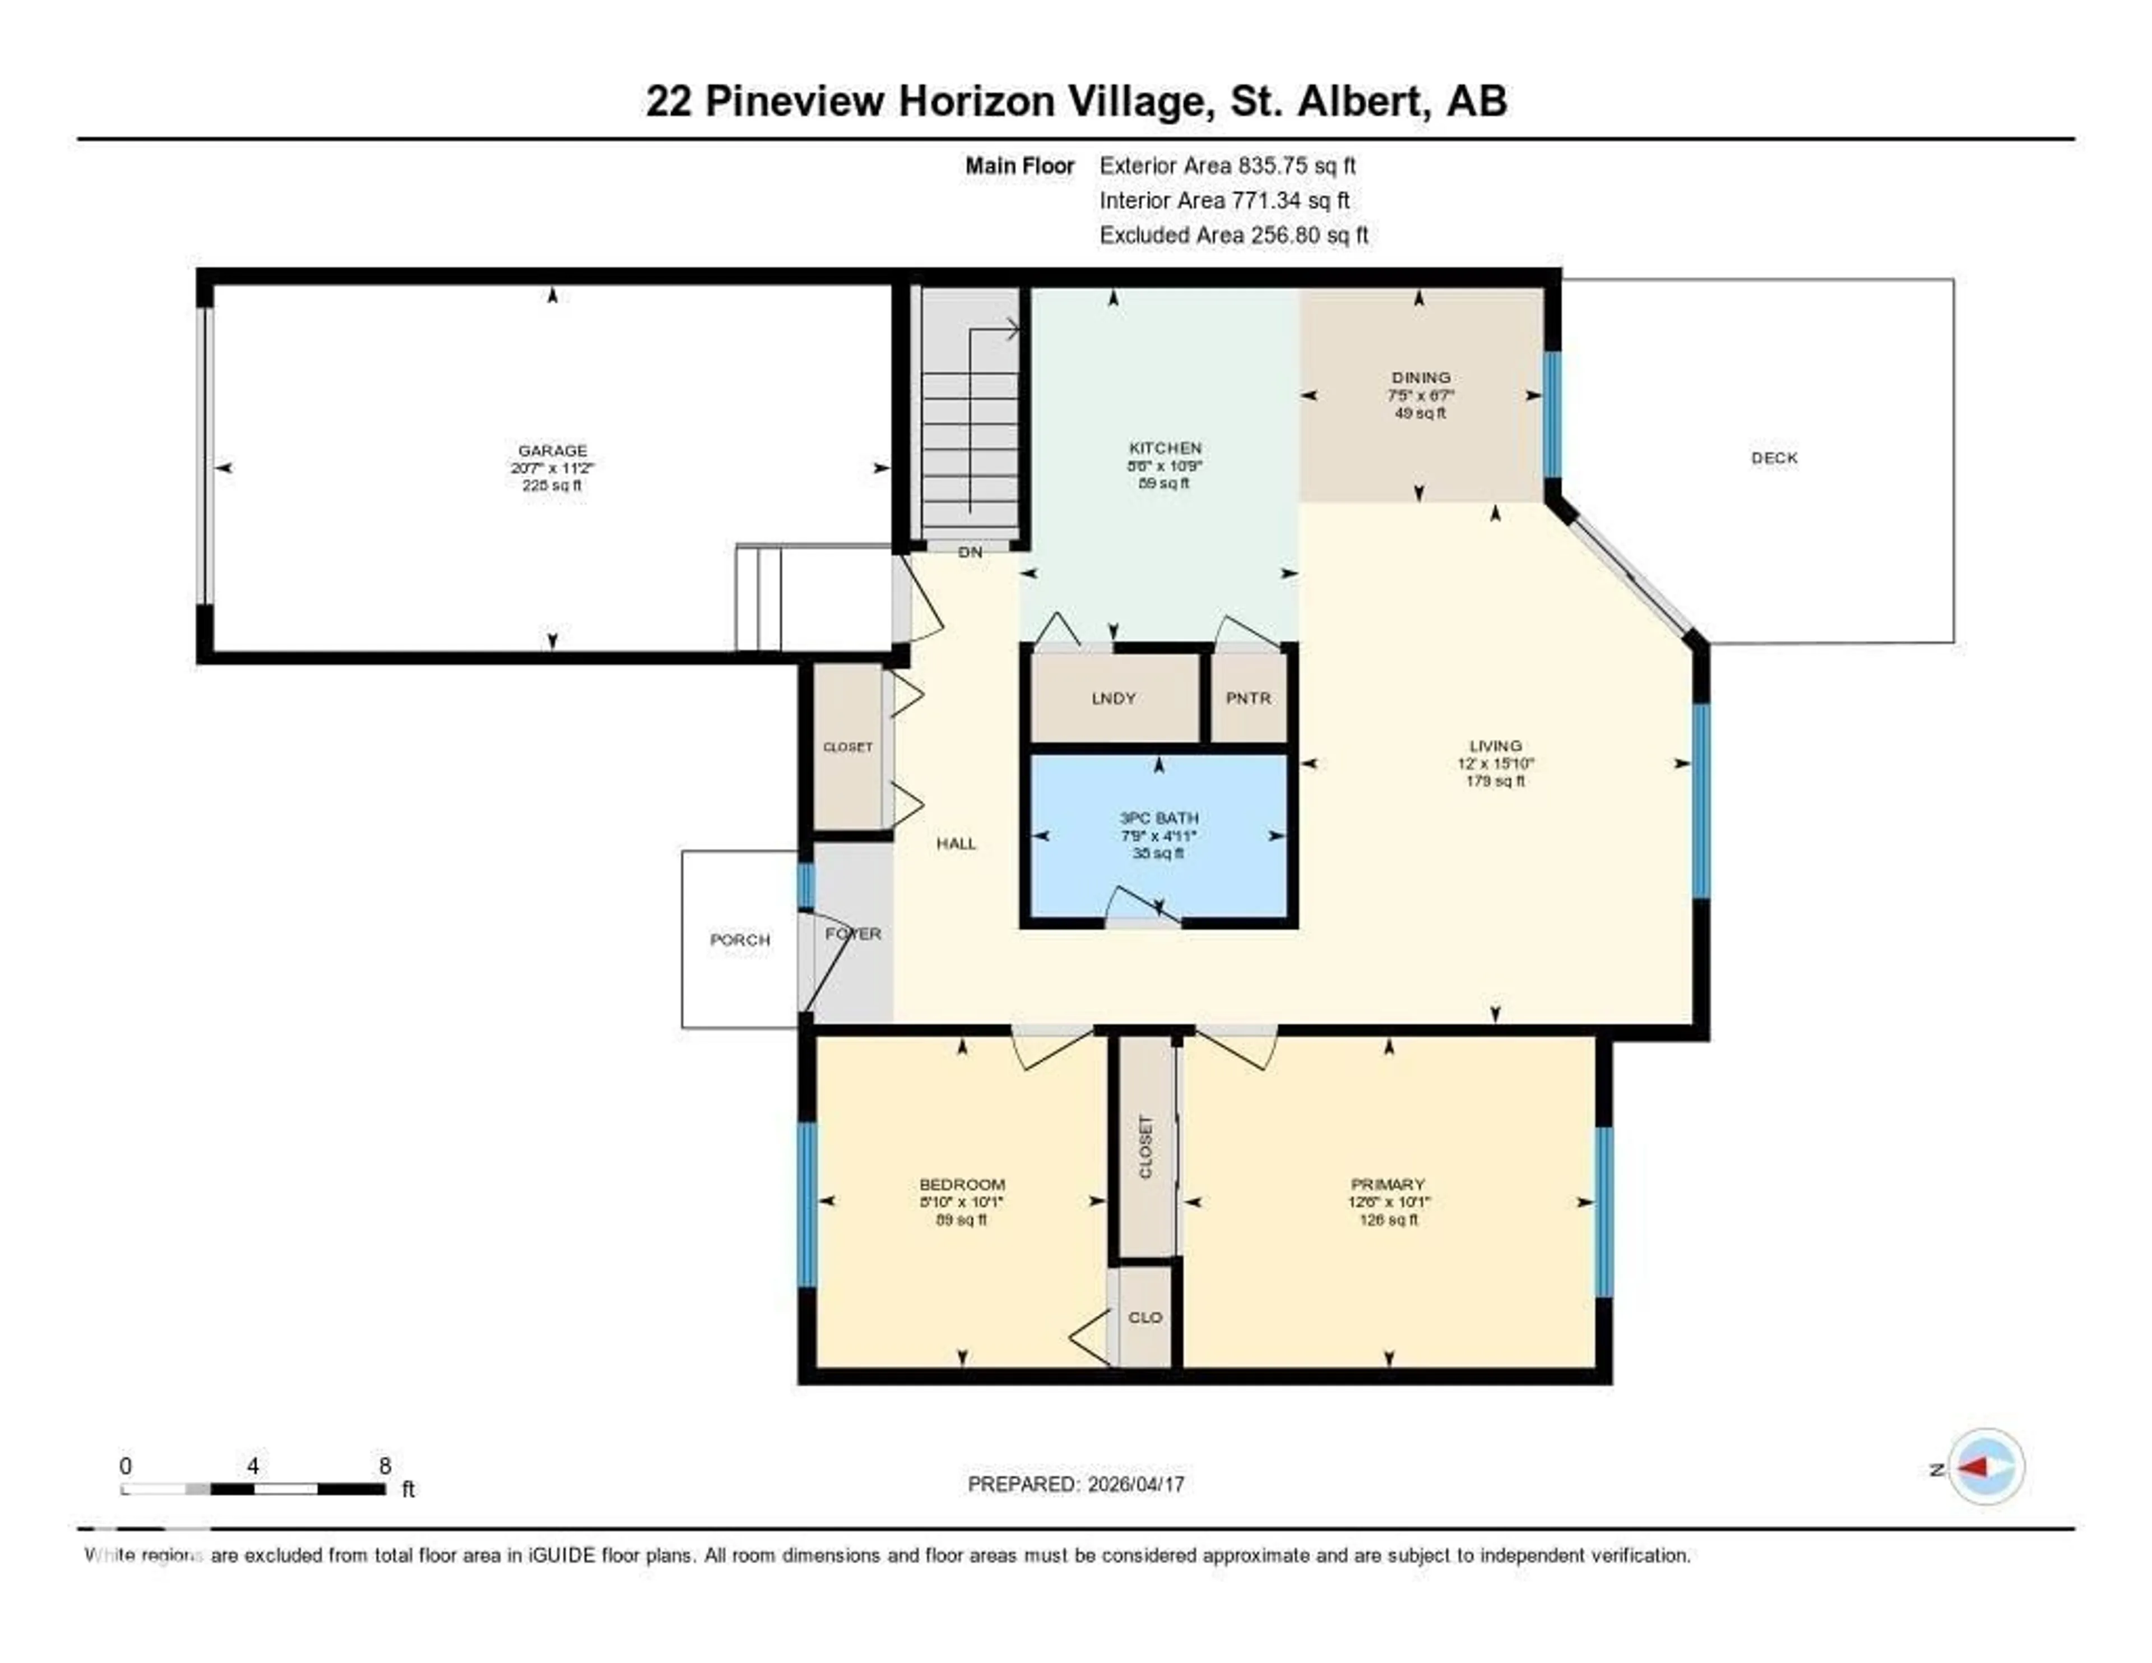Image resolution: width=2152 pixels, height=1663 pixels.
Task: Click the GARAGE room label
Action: [x=552, y=450]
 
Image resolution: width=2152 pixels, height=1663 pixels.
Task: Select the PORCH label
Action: [x=740, y=940]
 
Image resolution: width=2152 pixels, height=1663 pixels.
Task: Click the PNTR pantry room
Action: [x=1249, y=698]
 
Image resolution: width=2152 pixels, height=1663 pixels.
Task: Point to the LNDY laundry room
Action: [x=1114, y=698]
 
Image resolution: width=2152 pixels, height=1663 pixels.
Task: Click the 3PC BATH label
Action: [x=1159, y=818]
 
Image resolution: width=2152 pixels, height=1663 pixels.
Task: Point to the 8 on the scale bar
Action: [x=384, y=1466]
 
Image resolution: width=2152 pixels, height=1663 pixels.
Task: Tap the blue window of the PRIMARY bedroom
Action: [x=1603, y=1212]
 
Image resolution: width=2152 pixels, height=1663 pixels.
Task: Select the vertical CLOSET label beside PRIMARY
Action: [x=1145, y=1147]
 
